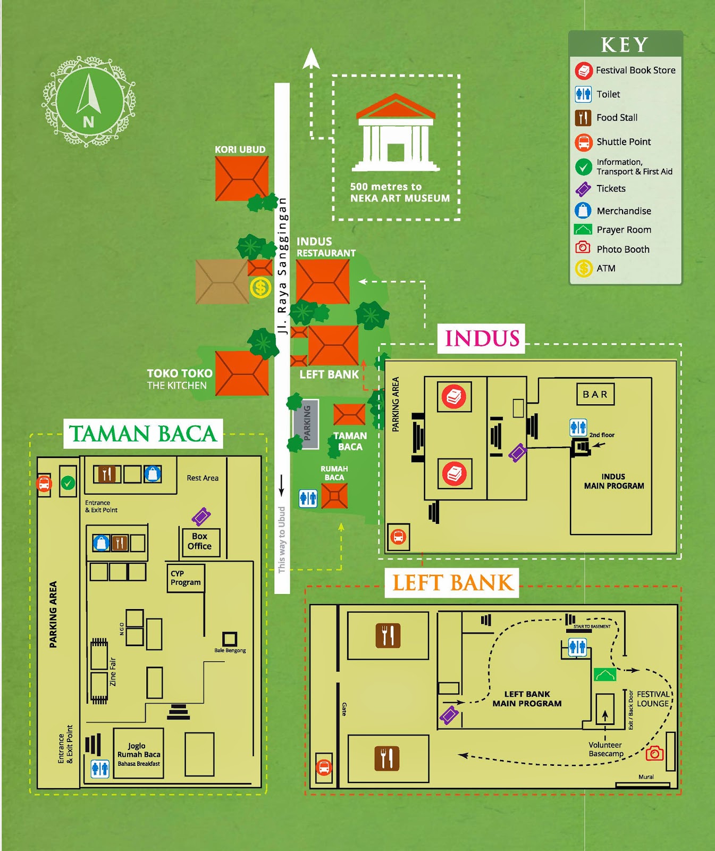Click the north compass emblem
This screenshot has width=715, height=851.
(x=88, y=101)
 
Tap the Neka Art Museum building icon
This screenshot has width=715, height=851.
(x=396, y=133)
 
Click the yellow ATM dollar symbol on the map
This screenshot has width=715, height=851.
(x=260, y=288)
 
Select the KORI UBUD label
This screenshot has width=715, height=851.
(x=240, y=149)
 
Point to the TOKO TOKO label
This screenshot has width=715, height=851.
(x=179, y=373)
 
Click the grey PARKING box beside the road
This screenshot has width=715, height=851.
(x=306, y=423)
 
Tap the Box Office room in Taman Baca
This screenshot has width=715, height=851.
(x=200, y=541)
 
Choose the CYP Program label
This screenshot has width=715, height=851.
(x=185, y=578)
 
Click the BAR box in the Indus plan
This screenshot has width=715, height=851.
(x=595, y=394)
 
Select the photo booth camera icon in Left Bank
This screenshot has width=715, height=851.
(x=654, y=753)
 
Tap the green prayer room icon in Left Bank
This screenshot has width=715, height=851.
(x=605, y=674)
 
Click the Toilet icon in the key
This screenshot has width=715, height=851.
(x=583, y=94)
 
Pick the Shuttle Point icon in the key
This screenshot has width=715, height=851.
(x=583, y=142)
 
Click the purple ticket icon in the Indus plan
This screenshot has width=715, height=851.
(x=517, y=453)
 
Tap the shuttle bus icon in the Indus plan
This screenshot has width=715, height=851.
(x=398, y=537)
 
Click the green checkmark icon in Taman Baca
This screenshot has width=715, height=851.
(x=68, y=483)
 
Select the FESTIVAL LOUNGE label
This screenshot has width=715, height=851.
(x=653, y=699)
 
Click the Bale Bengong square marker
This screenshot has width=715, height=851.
(x=230, y=638)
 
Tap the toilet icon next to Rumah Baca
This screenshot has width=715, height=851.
(x=308, y=498)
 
